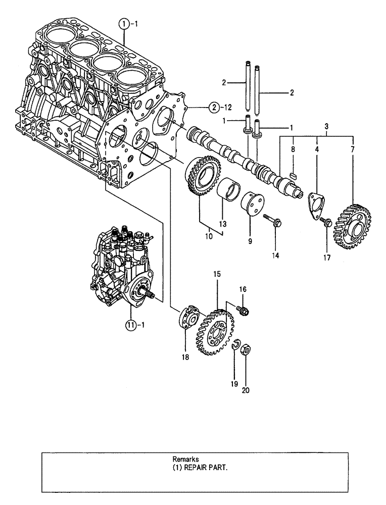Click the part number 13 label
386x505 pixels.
click(223, 223)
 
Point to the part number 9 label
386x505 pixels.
click(249, 241)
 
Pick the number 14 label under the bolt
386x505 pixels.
click(275, 256)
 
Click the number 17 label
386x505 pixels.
click(326, 258)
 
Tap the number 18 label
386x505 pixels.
click(184, 357)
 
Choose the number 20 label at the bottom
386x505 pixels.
click(245, 389)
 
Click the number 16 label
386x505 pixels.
click(243, 289)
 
